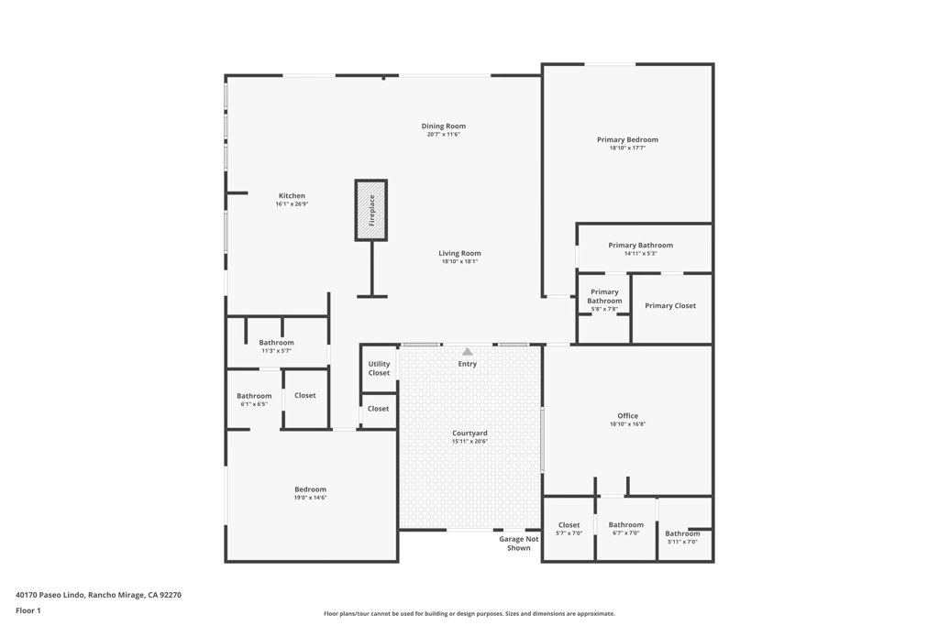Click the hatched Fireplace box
(371, 210)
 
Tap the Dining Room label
(444, 126)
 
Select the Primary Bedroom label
(627, 140)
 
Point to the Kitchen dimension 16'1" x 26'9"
(292, 204)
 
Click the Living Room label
(459, 254)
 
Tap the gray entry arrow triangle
(468, 352)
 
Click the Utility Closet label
(379, 368)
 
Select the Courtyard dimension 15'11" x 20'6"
(469, 442)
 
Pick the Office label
(627, 416)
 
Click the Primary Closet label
(670, 306)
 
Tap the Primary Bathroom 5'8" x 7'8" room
(604, 300)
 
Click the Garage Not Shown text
(519, 544)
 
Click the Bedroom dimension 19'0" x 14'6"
(310, 498)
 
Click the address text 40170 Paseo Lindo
(98, 595)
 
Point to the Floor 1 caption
(29, 610)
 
